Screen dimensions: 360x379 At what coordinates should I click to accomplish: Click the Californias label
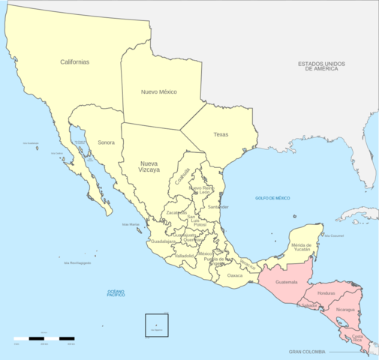(75, 61)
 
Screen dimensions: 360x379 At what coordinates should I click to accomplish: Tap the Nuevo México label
(158, 91)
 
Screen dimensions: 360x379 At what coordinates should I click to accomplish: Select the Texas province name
(221, 135)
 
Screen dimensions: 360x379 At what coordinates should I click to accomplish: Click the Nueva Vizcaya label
(150, 166)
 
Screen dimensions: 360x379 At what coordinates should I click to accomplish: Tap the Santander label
(218, 206)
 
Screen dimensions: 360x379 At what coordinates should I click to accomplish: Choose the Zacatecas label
(176, 213)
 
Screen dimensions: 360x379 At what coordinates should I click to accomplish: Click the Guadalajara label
(163, 241)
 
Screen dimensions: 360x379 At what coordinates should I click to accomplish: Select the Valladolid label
(184, 256)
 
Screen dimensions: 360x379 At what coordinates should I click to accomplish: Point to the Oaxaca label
(235, 275)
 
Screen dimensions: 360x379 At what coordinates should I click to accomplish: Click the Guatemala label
(287, 282)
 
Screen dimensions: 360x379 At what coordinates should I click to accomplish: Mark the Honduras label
(326, 293)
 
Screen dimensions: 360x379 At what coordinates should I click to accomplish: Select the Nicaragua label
(345, 309)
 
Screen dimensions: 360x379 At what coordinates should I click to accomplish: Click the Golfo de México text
(272, 198)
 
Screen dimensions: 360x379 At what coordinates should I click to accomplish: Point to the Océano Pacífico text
(116, 292)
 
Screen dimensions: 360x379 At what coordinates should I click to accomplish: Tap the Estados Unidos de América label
(327, 67)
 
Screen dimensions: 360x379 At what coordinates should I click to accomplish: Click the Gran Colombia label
(308, 352)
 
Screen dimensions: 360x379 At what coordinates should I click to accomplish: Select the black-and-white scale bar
(44, 339)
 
